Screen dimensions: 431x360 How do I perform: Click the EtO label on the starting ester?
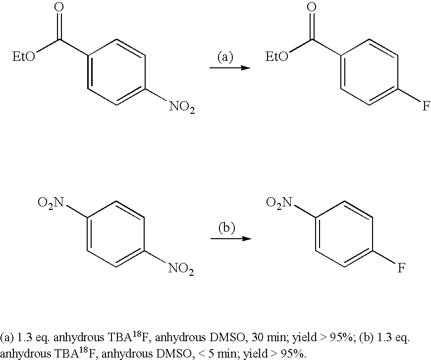pos(24,57)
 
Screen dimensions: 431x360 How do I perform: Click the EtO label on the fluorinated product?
pos(277,57)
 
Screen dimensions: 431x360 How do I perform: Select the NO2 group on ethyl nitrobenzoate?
pos(182,106)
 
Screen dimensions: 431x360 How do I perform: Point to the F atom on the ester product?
pos(426,106)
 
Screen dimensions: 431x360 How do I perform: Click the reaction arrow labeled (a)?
pos(230,68)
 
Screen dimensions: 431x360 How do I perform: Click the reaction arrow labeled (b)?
pos(231,239)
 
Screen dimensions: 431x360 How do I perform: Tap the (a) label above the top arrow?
pos(225,57)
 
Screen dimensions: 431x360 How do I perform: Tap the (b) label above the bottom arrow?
pos(227,228)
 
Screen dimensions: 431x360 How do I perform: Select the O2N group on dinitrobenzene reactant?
pos(51,203)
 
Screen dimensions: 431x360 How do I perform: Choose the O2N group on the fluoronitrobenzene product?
pos(279,203)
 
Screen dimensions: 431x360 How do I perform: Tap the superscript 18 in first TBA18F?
pos(137,334)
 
